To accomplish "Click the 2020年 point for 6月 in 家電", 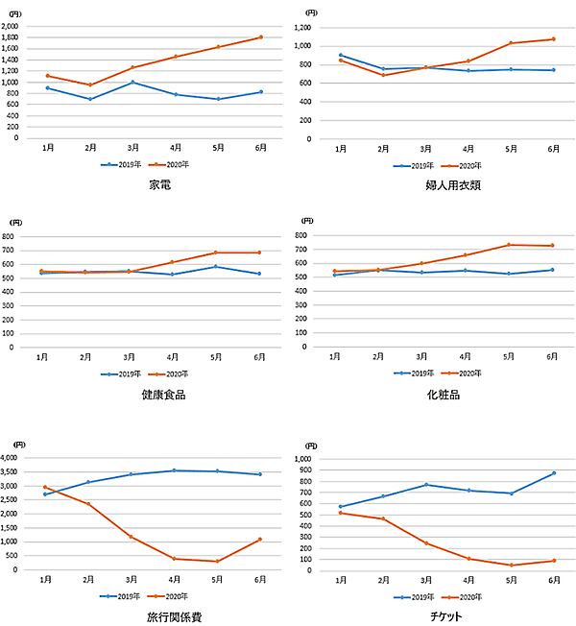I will [261, 37].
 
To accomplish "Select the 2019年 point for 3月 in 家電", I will [133, 83].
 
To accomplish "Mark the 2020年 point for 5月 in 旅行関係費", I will [218, 562].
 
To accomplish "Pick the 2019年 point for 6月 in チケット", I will [553, 473].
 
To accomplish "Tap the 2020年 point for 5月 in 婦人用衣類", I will [511, 43].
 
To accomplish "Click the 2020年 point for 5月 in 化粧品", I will [510, 245].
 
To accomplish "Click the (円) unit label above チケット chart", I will [309, 446].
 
